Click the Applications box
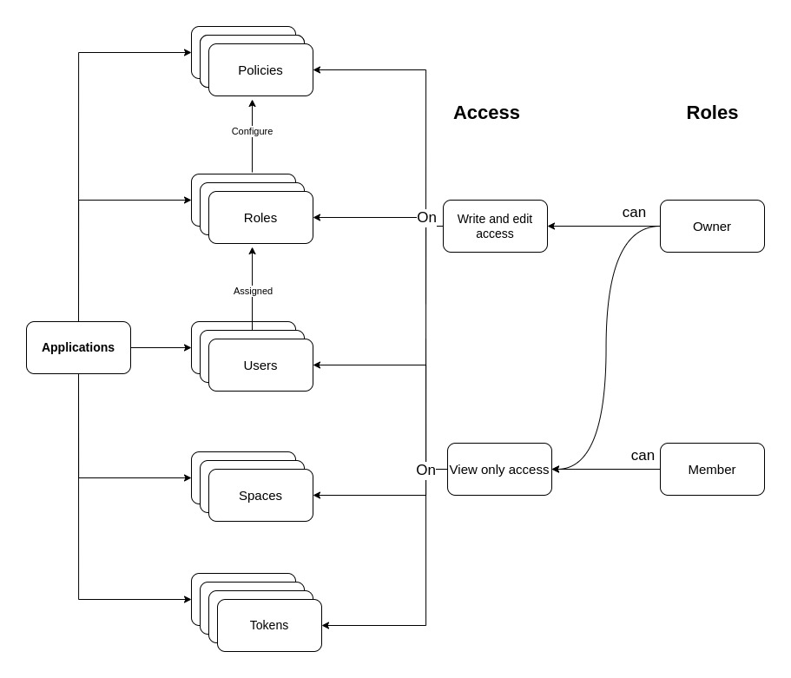78,347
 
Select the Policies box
260,69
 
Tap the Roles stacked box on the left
260,217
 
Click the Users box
260,365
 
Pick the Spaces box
260,495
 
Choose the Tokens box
269,625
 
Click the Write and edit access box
495,226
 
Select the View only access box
499,469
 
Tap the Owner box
712,226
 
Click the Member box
712,469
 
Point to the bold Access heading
486,113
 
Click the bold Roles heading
712,113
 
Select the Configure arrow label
252,131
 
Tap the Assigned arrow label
253,291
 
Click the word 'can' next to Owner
634,212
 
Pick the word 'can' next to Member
643,455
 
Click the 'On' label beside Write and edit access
426,217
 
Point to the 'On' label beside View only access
425,470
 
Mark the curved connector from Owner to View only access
606,347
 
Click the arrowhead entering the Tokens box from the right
326,625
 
